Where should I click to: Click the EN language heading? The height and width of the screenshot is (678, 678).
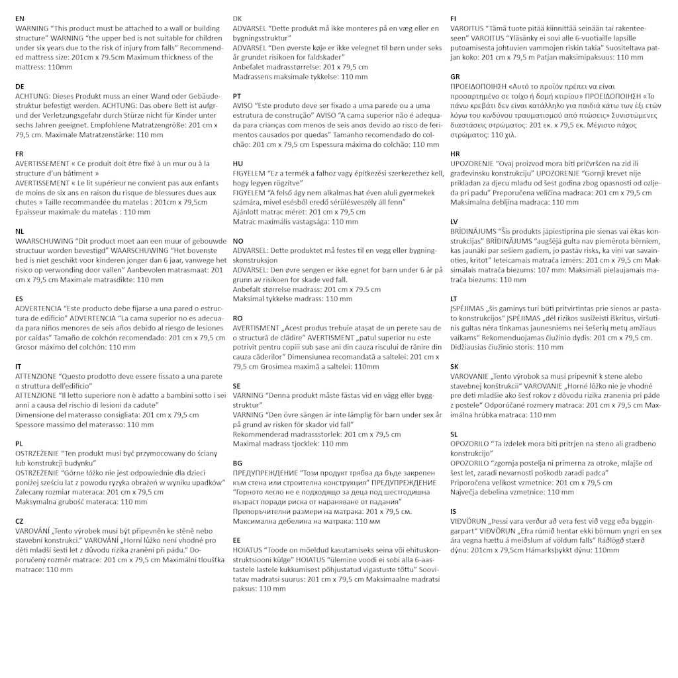point(20,19)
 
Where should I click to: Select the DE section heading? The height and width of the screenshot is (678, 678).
point(20,86)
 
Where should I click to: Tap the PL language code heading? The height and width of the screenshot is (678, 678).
point(19,443)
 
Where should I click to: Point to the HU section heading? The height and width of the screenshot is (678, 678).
point(238,164)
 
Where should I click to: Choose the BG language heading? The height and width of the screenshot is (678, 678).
point(238,463)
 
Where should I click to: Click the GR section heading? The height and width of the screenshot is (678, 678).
point(456,77)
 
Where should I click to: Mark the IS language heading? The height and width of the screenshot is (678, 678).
point(453,511)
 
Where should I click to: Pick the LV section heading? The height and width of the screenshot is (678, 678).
point(455,221)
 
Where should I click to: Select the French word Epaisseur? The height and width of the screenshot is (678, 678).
point(32,212)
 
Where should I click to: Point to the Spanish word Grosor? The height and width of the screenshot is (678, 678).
point(26,347)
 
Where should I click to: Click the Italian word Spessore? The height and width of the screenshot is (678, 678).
point(30,424)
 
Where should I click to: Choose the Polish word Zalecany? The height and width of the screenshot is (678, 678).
point(30,492)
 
